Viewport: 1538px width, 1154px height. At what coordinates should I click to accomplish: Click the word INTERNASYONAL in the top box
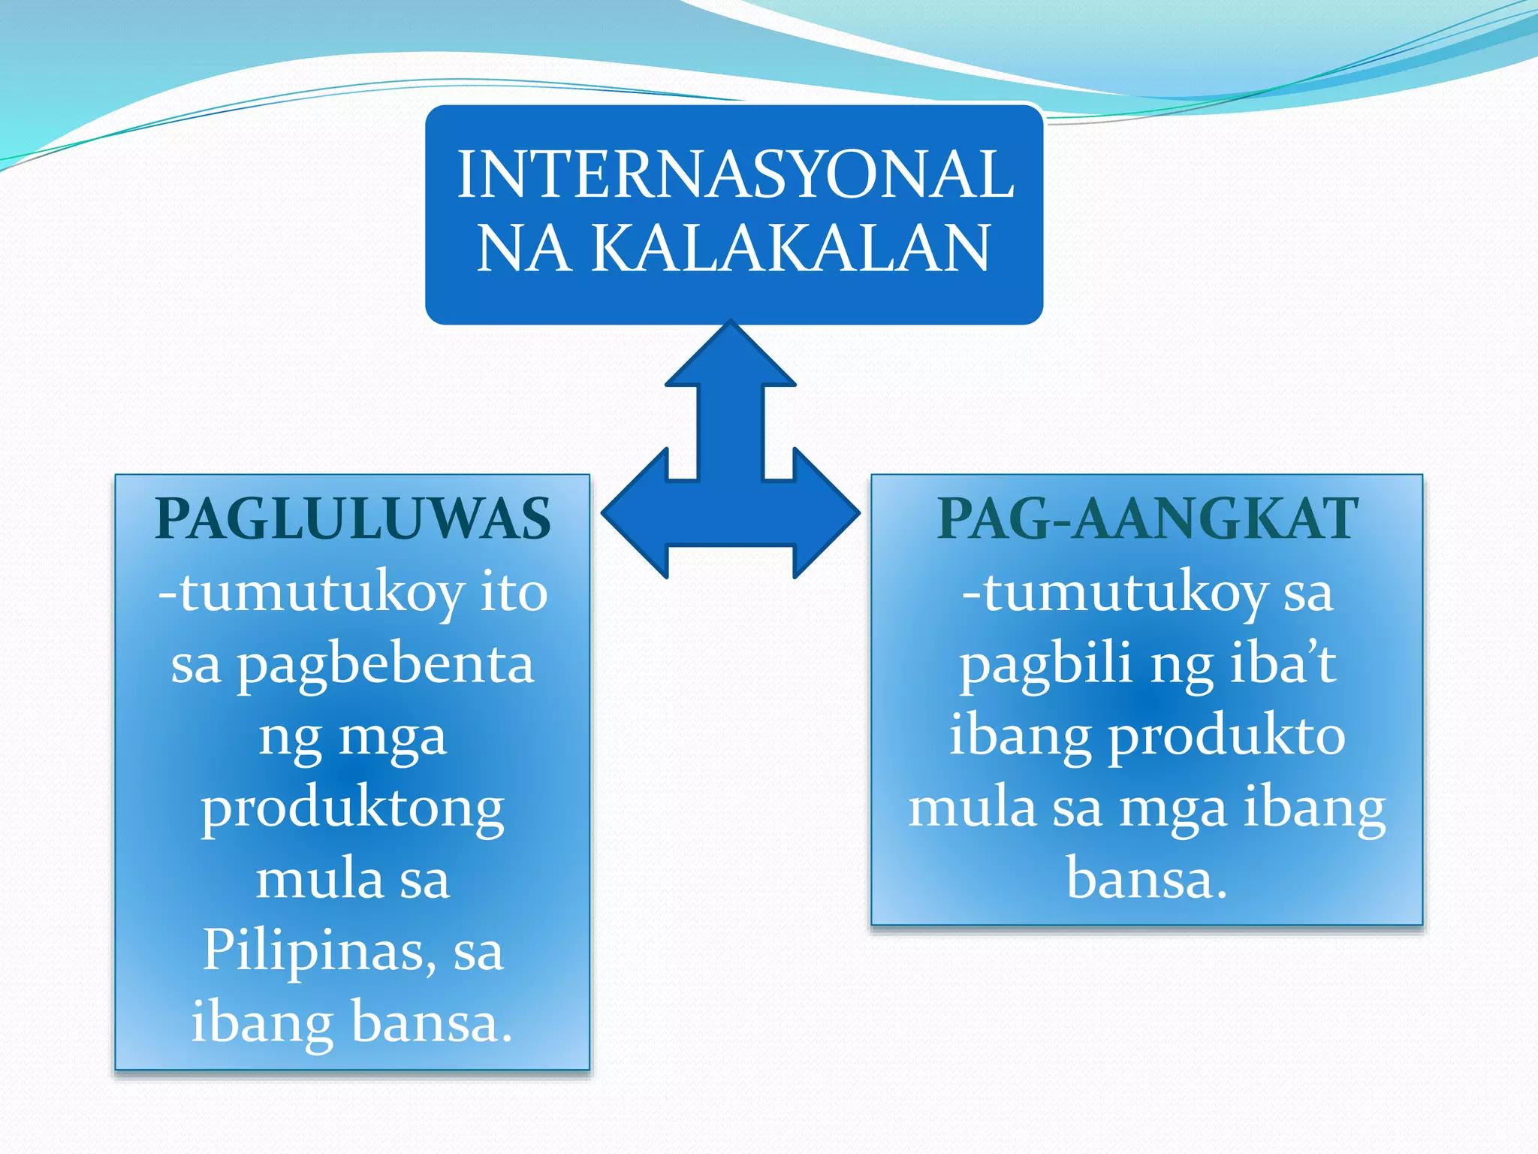click(735, 174)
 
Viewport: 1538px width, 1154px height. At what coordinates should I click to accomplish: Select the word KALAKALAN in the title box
click(791, 249)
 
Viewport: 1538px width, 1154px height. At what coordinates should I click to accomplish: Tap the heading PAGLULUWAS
click(353, 519)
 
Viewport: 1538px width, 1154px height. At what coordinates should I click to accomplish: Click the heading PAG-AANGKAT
click(1147, 519)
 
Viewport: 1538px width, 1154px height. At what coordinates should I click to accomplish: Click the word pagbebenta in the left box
click(385, 666)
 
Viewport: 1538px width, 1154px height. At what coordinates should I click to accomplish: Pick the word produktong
click(352, 809)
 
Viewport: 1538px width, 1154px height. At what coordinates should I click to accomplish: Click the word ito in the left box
click(514, 593)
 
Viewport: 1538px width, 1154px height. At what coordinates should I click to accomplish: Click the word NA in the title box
click(522, 249)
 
